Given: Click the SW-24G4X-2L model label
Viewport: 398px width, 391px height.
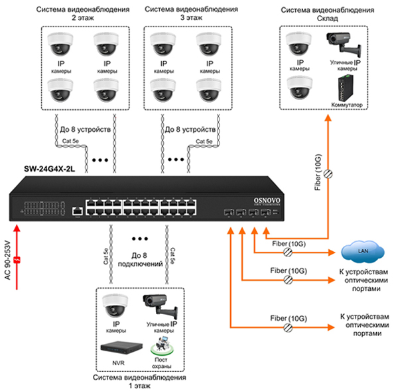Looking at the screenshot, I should (40, 170).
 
